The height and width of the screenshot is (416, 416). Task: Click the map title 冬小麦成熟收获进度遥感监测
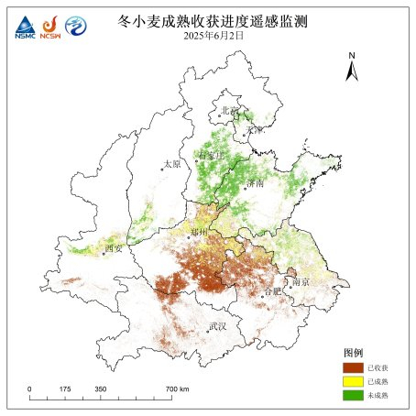click(224, 19)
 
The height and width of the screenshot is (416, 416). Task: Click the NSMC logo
click(22, 27)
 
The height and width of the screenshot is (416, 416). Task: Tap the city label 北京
click(229, 111)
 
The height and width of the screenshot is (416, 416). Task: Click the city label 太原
click(172, 164)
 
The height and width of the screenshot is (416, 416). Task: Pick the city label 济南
click(256, 183)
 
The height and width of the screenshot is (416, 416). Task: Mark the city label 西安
click(113, 247)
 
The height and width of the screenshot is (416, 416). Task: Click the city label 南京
click(301, 282)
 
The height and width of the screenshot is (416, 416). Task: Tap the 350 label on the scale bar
click(99, 389)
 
